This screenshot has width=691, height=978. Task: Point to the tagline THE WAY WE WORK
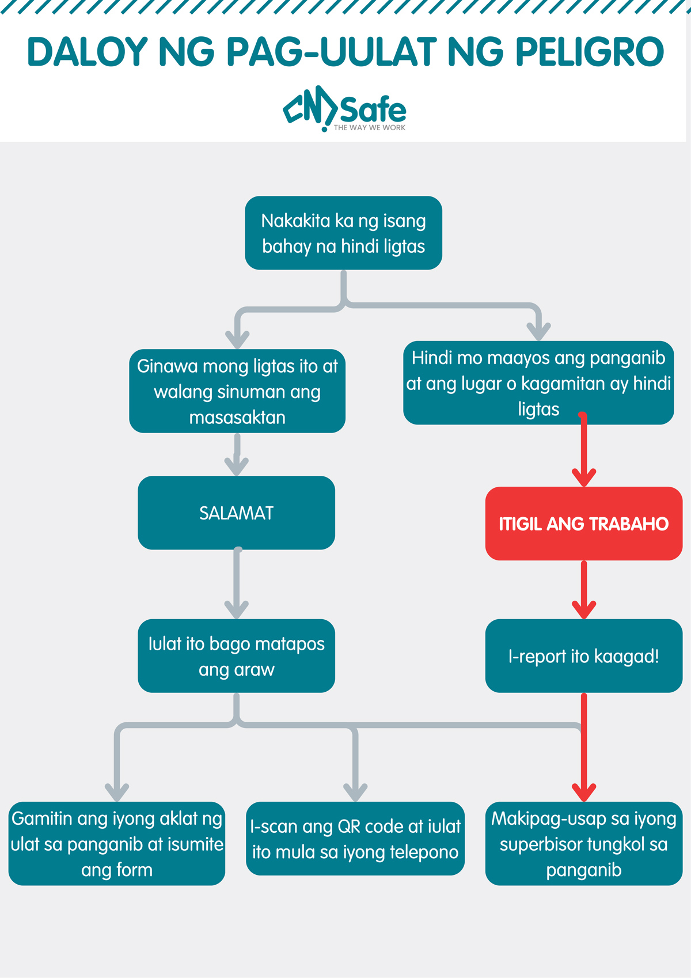point(369,128)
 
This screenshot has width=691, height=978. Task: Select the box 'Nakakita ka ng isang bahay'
point(343,233)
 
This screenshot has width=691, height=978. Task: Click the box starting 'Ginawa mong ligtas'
point(237,391)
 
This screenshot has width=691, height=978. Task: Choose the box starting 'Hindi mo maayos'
point(538,383)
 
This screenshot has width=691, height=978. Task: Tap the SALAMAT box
point(236,513)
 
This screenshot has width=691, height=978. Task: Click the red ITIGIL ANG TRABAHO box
point(583,524)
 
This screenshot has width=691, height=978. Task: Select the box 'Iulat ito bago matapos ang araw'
point(236,656)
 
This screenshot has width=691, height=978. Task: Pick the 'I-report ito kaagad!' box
point(583,656)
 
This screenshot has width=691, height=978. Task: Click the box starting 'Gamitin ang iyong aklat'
point(117,844)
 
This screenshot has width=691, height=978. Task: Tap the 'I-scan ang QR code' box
point(355,839)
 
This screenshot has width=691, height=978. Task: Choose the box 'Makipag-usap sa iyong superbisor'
point(583,844)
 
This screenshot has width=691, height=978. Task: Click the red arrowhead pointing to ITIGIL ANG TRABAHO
point(583,478)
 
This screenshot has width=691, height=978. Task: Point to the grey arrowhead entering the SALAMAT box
point(236,467)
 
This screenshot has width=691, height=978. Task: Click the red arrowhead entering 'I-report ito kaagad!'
point(583,610)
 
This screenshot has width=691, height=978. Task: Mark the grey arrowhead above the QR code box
point(355,793)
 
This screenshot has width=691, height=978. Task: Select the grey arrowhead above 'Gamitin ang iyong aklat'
point(117,793)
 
